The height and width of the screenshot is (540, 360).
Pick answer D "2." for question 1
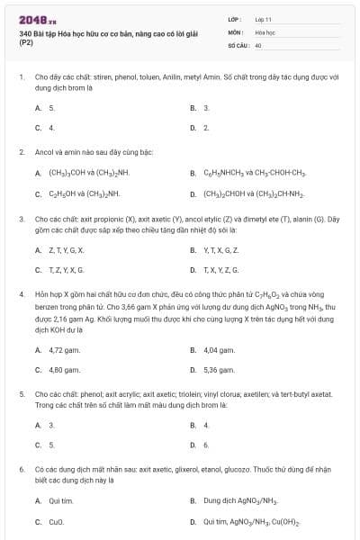[x=206, y=127]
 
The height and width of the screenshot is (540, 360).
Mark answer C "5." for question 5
[x=51, y=445]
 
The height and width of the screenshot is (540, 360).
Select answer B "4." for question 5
[x=206, y=425]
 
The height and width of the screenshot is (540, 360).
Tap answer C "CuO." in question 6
[x=56, y=521]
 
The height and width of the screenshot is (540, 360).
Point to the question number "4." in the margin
[x=21, y=293]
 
